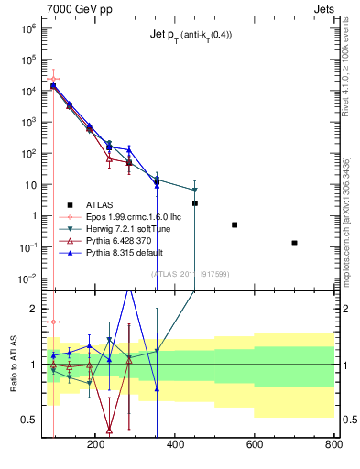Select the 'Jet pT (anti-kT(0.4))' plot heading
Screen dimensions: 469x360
tap(191, 35)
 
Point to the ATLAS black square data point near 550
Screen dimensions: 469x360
tap(235, 224)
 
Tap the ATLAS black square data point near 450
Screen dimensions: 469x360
tap(195, 203)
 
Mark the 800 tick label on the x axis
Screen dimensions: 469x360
tap(333, 444)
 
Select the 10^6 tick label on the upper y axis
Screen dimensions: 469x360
tap(27, 28)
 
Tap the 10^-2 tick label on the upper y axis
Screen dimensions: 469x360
tap(27, 278)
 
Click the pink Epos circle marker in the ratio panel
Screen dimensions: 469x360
tap(54, 322)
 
